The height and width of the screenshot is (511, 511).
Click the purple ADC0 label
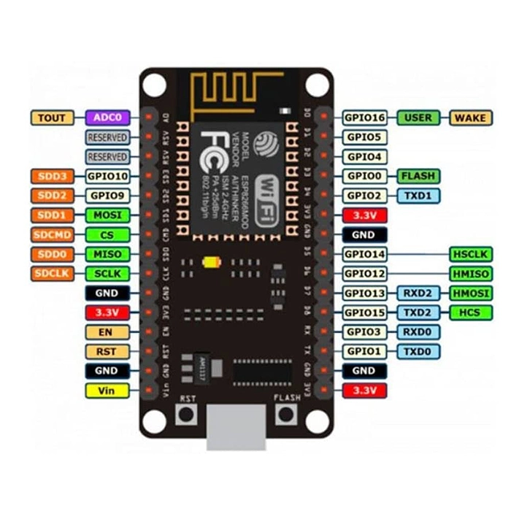[x=108, y=117]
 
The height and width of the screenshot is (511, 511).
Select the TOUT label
[x=52, y=117]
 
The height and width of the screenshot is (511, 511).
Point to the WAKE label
[x=469, y=118]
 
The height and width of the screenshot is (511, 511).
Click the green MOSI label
[x=108, y=215]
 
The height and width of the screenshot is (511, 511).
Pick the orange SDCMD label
[x=52, y=234]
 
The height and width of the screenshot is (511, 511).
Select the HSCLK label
[x=469, y=254]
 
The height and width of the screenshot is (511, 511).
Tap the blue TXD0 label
[x=418, y=351]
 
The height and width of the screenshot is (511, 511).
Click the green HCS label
[x=469, y=312]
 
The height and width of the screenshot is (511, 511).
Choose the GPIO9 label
[x=108, y=196]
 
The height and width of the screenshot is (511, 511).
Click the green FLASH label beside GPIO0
[x=418, y=176]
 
